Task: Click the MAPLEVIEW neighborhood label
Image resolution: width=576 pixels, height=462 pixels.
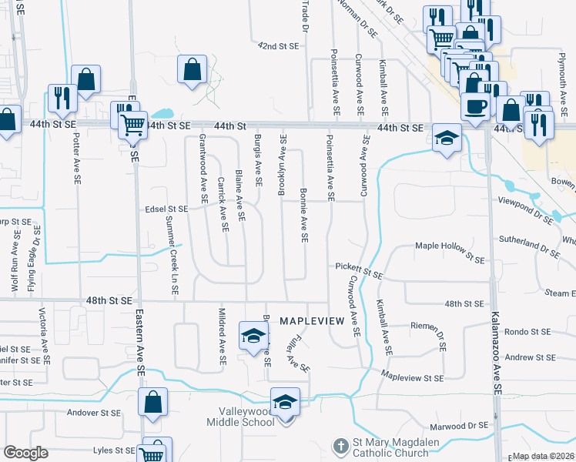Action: pyautogui.click(x=311, y=320)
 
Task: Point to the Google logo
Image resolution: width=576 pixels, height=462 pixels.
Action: pyautogui.click(x=25, y=453)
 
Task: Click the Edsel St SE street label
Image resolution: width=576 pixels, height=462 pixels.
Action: pyautogui.click(x=166, y=209)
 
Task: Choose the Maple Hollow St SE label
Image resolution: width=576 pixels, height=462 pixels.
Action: pyautogui.click(x=450, y=246)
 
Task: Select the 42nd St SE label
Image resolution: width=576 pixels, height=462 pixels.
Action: pyautogui.click(x=278, y=46)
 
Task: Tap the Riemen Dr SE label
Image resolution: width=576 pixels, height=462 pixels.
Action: pyautogui.click(x=440, y=336)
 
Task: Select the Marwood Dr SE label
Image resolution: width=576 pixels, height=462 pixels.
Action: pyautogui.click(x=460, y=425)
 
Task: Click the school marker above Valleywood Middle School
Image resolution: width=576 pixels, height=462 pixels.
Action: pyautogui.click(x=285, y=403)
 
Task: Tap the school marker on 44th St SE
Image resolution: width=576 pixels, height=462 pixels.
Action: pyautogui.click(x=446, y=139)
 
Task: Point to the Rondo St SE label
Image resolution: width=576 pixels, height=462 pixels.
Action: pyautogui.click(x=528, y=332)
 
